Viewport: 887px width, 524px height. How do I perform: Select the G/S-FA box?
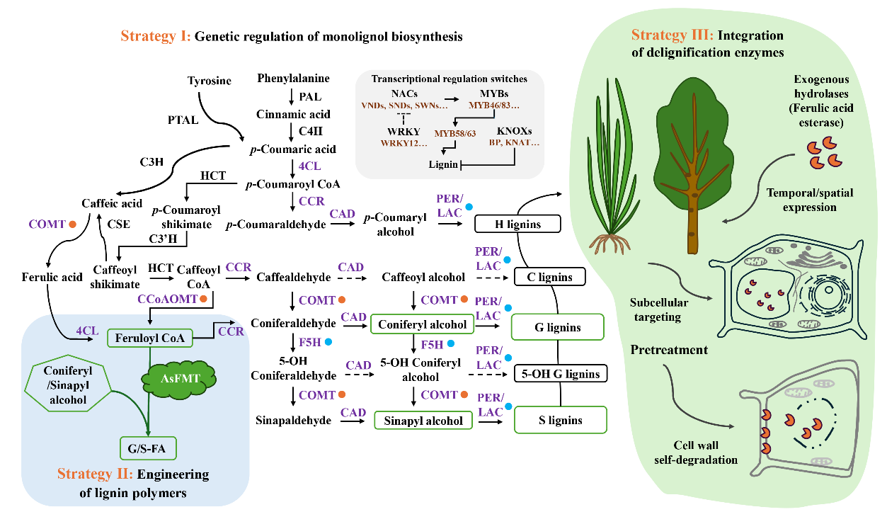[x=147, y=448]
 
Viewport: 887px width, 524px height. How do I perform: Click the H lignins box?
[x=517, y=224]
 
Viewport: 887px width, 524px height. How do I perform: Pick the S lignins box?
[x=560, y=420]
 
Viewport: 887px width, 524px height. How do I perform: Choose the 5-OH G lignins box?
[x=560, y=373]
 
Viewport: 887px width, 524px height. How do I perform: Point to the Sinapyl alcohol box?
[x=423, y=421]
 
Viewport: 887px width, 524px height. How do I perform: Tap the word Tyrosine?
[x=210, y=81]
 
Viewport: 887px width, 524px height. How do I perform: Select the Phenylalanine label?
[x=293, y=78]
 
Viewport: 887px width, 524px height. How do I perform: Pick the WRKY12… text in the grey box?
[x=404, y=143]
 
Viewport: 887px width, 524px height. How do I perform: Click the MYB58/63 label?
[x=455, y=132]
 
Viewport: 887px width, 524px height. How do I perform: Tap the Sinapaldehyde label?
[x=293, y=421]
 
